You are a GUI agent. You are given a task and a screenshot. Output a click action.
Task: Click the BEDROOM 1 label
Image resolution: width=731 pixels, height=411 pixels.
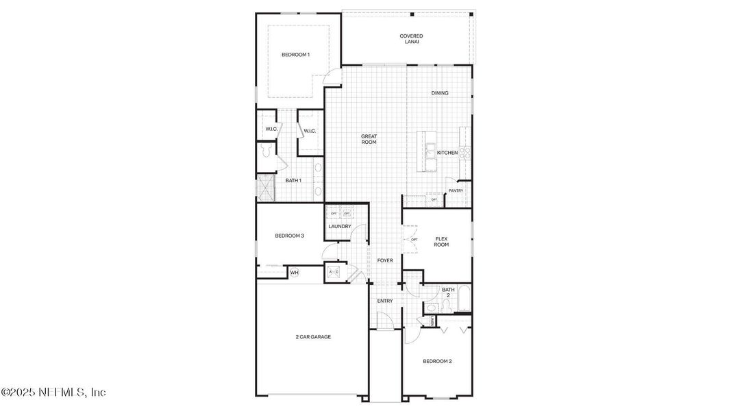pyautogui.click(x=295, y=55)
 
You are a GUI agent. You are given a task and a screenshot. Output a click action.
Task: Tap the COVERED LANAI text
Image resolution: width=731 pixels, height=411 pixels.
pyautogui.click(x=411, y=39)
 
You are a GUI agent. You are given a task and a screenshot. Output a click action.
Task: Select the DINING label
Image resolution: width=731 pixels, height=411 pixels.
pyautogui.click(x=440, y=93)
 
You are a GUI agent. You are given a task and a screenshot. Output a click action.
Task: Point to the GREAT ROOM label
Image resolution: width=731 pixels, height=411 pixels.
pyautogui.click(x=369, y=139)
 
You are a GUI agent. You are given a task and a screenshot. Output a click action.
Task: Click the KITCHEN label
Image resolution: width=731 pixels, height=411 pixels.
pyautogui.click(x=447, y=153)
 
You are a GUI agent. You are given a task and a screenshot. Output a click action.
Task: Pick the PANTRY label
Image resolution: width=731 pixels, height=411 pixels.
pyautogui.click(x=456, y=191)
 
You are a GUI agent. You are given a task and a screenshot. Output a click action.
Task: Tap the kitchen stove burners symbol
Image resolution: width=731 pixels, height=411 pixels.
pyautogui.click(x=464, y=153)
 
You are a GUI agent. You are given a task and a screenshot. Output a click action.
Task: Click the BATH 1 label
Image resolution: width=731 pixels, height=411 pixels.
pyautogui.click(x=293, y=180)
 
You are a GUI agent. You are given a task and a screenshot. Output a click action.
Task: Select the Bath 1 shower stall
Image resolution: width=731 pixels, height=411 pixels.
pyautogui.click(x=265, y=186)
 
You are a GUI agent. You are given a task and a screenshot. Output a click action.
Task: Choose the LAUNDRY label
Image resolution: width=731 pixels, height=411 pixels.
pyautogui.click(x=340, y=227)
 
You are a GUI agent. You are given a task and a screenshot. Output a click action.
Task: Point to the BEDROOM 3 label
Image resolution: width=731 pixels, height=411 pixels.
pyautogui.click(x=289, y=236)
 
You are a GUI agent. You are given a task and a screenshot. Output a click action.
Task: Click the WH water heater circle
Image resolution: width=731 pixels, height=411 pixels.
pyautogui.click(x=294, y=273)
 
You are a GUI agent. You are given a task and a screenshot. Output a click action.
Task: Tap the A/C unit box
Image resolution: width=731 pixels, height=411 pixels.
pyautogui.click(x=334, y=272)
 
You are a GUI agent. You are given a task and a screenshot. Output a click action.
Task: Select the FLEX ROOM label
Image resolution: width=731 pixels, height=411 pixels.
pyautogui.click(x=441, y=242)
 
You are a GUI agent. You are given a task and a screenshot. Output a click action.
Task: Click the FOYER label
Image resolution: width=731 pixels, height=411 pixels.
pyautogui.click(x=385, y=261)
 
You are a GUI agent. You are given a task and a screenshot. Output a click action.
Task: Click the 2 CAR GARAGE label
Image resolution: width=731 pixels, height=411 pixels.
pyautogui.click(x=313, y=337)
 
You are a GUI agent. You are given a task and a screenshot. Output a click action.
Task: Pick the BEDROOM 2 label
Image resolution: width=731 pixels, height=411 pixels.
pyautogui.click(x=437, y=361)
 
